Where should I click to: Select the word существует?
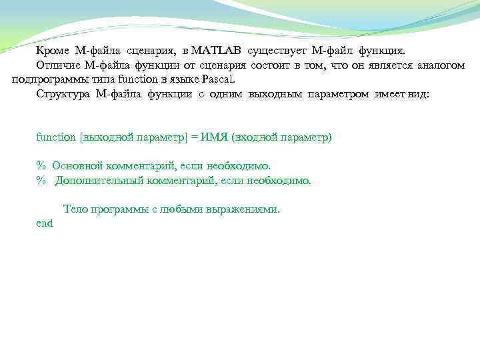tap(277, 51)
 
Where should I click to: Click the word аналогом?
tap(441, 65)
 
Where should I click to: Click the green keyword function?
tap(56, 137)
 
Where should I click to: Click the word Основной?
tap(77, 165)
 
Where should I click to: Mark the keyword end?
tap(44, 224)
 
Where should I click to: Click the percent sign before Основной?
tap(40, 165)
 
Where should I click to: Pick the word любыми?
tap(181, 209)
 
